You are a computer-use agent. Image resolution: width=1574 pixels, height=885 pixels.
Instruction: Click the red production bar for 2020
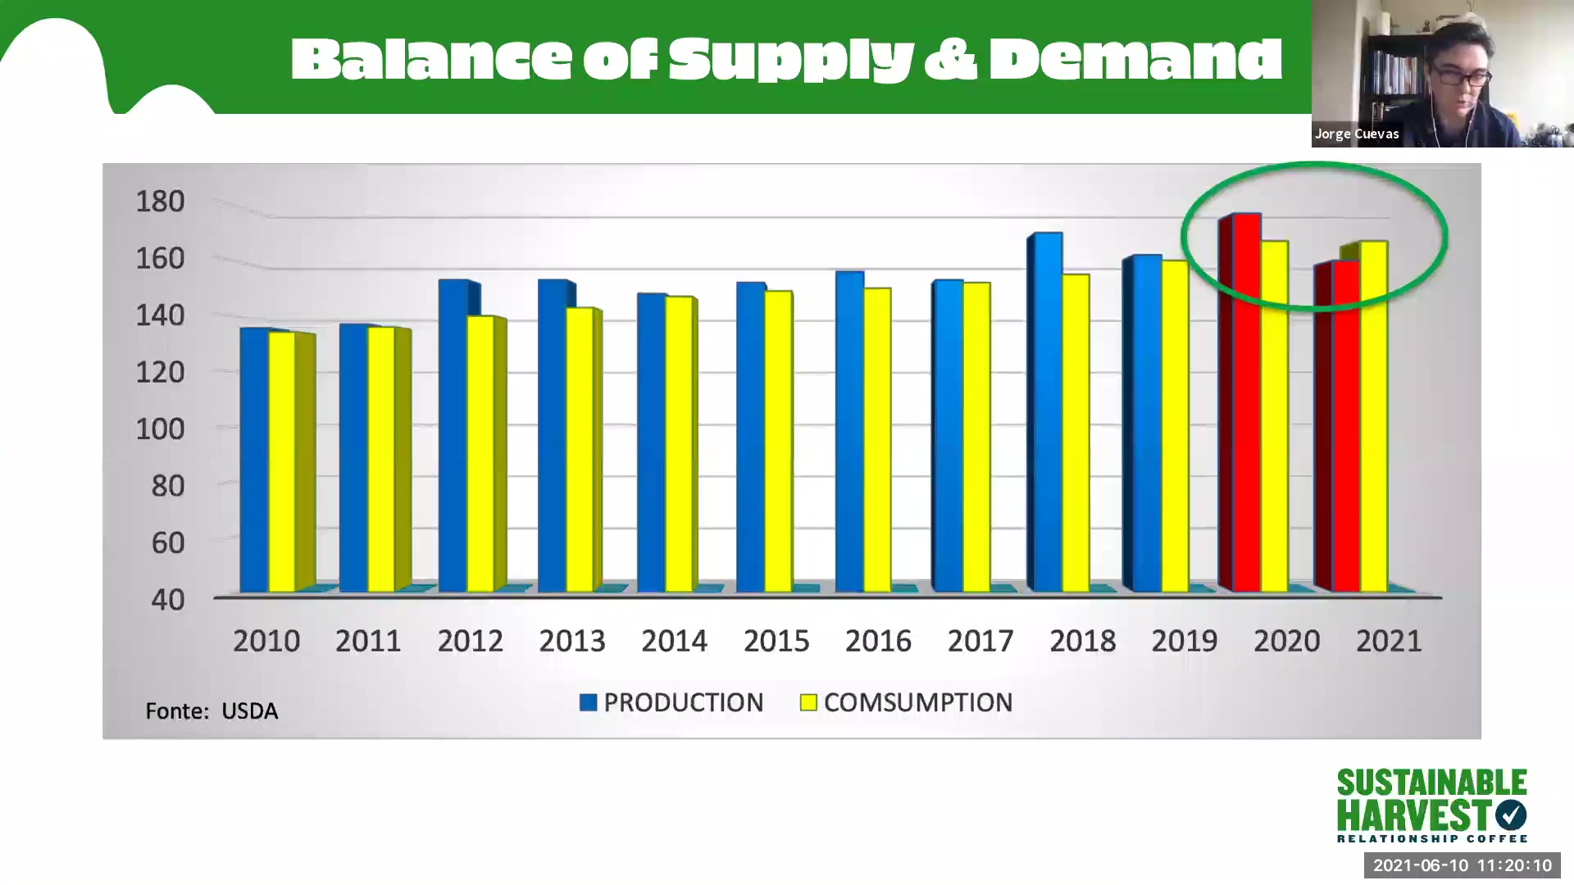pos(1246,402)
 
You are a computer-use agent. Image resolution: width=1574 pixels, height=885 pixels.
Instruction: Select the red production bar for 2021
pos(1345,426)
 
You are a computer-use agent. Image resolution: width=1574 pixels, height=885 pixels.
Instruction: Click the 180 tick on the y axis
pos(160,202)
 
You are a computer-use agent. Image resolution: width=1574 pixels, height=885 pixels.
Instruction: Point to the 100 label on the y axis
pos(160,429)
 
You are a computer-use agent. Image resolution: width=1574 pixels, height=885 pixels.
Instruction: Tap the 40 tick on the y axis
pos(167,599)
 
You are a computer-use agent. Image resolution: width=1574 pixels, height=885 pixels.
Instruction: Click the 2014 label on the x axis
pos(674,641)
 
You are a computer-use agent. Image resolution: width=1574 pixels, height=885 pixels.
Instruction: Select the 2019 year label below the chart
pos(1184,641)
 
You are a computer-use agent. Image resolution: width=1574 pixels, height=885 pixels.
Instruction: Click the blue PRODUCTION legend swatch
pos(588,702)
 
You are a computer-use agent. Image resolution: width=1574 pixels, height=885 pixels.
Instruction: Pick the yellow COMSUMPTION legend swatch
pos(808,702)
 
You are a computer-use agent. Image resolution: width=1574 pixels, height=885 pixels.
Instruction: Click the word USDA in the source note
pos(249,710)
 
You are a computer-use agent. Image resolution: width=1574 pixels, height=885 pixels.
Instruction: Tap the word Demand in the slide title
pos(1135,59)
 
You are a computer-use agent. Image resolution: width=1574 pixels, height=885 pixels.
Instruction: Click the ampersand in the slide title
pos(950,59)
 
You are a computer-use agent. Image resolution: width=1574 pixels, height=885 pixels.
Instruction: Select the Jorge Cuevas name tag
pos(1357,134)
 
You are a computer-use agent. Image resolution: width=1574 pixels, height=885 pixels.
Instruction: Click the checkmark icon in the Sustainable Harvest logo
pos(1510,815)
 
